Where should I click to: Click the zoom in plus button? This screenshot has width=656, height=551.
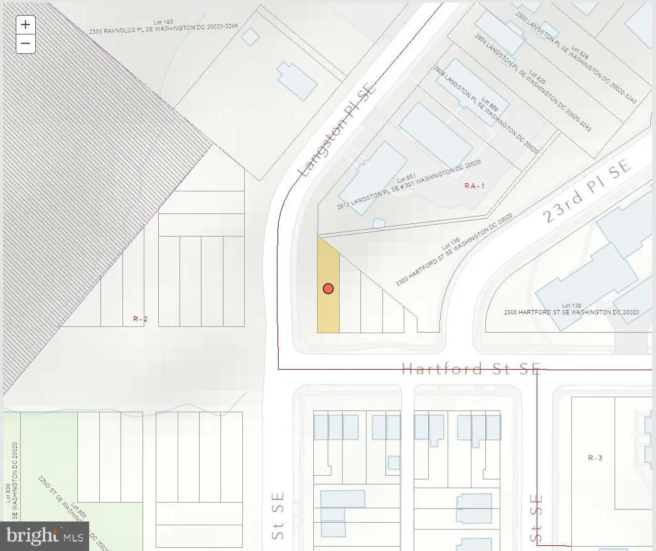pyautogui.click(x=25, y=24)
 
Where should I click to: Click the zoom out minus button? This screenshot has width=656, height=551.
pyautogui.click(x=25, y=43)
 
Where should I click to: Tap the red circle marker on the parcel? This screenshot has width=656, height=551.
pyautogui.click(x=328, y=289)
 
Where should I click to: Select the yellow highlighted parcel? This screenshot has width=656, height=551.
pyautogui.click(x=328, y=311)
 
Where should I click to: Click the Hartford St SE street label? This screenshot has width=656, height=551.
pyautogui.click(x=470, y=369)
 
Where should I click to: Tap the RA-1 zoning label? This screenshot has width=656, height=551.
pyautogui.click(x=475, y=186)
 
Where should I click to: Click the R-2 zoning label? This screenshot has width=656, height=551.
pyautogui.click(x=140, y=319)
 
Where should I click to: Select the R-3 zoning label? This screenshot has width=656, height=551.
pyautogui.click(x=594, y=458)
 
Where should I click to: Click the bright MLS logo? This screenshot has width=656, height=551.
pyautogui.click(x=45, y=536)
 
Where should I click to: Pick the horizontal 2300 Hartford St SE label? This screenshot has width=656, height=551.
pyautogui.click(x=571, y=312)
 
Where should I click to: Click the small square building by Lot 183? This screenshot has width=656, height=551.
pyautogui.click(x=250, y=37)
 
